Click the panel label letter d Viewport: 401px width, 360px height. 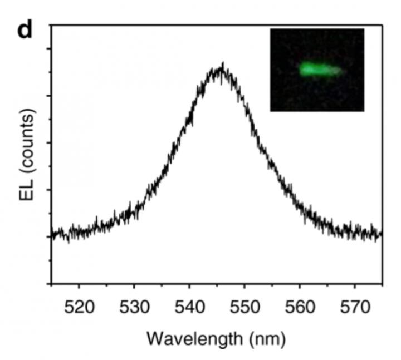[x=25, y=30]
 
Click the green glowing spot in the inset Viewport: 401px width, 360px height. [x=312, y=70]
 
